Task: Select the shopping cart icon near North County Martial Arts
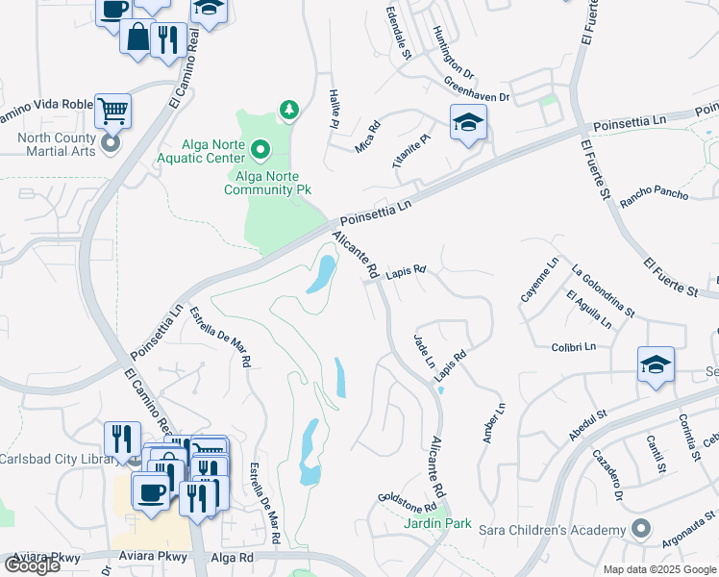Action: pos(113,111)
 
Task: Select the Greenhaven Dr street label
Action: pos(477,91)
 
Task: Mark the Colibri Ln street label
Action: pos(574,346)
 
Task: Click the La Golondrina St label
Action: pos(604,290)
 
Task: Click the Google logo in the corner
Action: pos(31,565)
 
